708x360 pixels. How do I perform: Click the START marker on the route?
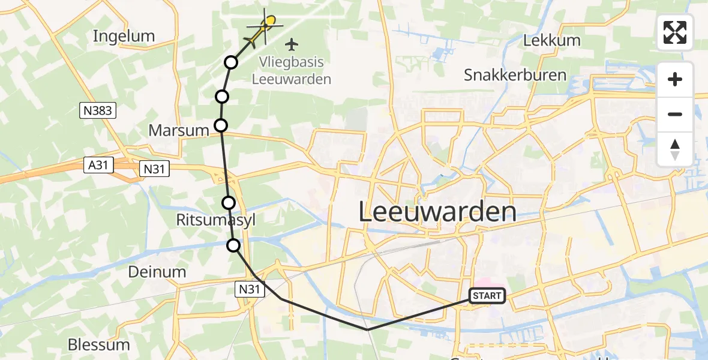(487, 295)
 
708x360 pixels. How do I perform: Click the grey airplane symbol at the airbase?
(292, 44)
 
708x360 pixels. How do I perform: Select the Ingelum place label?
(124, 36)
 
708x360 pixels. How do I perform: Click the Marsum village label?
(178, 130)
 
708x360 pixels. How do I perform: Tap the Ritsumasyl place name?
(216, 220)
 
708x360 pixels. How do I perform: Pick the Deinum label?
(157, 272)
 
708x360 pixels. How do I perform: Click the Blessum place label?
(98, 344)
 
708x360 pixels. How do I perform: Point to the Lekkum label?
(551, 41)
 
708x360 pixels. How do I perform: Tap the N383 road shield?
(97, 110)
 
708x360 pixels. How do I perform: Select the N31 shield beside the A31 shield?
(154, 169)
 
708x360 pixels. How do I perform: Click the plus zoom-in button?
(675, 79)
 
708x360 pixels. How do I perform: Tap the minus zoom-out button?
(675, 114)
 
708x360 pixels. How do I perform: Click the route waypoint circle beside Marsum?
(221, 125)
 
